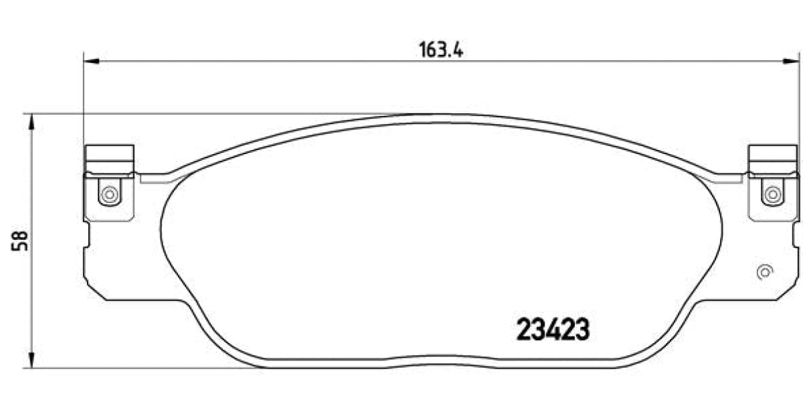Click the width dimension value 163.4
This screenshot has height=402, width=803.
(442, 50)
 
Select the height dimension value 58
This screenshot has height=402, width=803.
(19, 241)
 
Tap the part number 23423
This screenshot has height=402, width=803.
(553, 330)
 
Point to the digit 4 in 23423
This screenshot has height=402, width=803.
(553, 330)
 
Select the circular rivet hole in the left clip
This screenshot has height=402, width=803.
(108, 195)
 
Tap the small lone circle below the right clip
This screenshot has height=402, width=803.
(764, 273)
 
